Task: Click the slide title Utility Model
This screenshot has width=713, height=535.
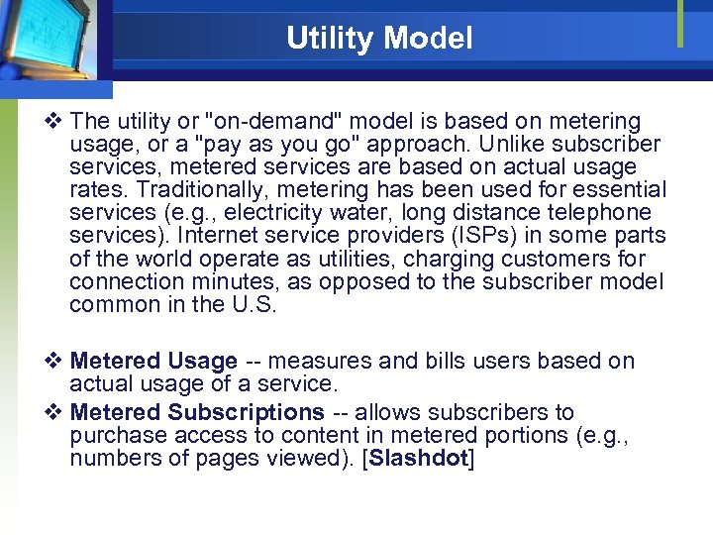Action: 379,39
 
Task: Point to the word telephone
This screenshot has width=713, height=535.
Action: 604,213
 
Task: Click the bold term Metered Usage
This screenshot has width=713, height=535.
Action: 153,362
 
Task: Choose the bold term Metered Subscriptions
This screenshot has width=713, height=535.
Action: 197,412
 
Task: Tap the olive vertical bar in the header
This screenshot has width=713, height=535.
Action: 680,24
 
